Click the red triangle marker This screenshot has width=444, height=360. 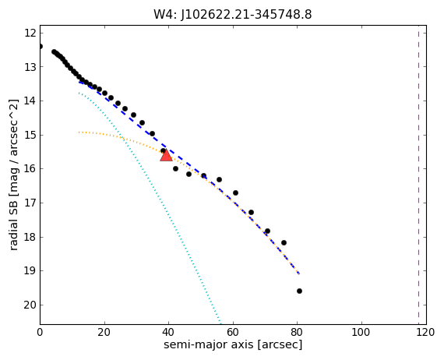(x=166, y=155)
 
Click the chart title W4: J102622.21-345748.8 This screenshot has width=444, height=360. (x=232, y=15)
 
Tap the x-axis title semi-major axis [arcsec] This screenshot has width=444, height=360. (x=233, y=344)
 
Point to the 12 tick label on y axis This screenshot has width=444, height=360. (x=30, y=34)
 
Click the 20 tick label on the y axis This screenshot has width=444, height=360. (x=30, y=305)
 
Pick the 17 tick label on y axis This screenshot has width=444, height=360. (x=30, y=203)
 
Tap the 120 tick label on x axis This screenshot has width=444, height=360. (x=426, y=332)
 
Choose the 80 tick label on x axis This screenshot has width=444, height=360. (x=298, y=332)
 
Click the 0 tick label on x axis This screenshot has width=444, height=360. (x=40, y=332)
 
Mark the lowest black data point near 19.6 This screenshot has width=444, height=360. (x=299, y=291)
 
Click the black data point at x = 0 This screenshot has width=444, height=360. (x=41, y=46)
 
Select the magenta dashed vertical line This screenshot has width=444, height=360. (x=418, y=175)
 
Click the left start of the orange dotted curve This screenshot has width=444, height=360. (x=79, y=132)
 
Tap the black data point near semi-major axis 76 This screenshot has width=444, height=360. (x=284, y=242)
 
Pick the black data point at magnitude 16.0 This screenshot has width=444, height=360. (x=175, y=168)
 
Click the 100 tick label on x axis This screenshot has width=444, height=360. (x=361, y=332)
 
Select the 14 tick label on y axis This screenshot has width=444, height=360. (x=30, y=101)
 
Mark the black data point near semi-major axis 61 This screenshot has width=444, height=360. (x=235, y=192)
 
